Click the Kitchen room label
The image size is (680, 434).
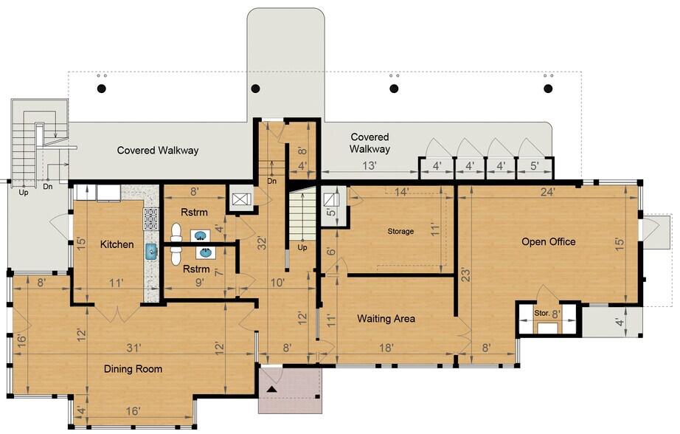(117, 244)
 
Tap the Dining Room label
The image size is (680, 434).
(133, 369)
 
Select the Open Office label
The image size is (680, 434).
(549, 242)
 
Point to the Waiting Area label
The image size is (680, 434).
(386, 319)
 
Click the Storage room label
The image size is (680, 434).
(400, 231)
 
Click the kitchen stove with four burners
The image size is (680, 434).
(150, 218)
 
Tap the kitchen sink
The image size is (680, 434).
(151, 251)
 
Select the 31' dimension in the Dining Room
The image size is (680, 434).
(134, 348)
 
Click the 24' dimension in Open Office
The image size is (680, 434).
(548, 192)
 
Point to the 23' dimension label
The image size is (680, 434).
(466, 275)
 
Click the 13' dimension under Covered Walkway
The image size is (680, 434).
(369, 166)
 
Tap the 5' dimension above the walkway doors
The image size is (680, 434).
(534, 166)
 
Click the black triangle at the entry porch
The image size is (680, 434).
(272, 389)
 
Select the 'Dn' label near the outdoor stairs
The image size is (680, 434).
(48, 187)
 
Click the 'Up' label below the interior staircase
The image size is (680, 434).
(302, 247)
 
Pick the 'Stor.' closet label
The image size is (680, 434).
(542, 313)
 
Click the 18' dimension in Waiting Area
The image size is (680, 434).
(386, 348)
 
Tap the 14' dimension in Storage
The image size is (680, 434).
(401, 192)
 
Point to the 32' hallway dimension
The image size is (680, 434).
(262, 243)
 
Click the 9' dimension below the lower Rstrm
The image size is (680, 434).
(199, 283)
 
